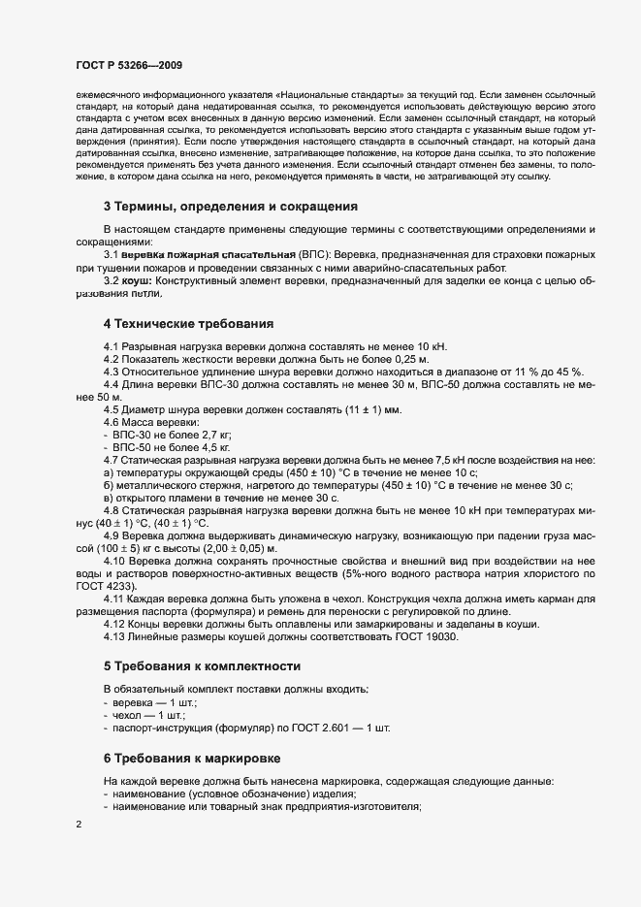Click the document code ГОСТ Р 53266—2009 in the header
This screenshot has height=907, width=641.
tap(128, 63)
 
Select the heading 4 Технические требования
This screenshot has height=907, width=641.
tap(188, 324)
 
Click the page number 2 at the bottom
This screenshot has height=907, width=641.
tap(78, 825)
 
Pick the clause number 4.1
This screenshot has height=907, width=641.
tap(112, 346)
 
